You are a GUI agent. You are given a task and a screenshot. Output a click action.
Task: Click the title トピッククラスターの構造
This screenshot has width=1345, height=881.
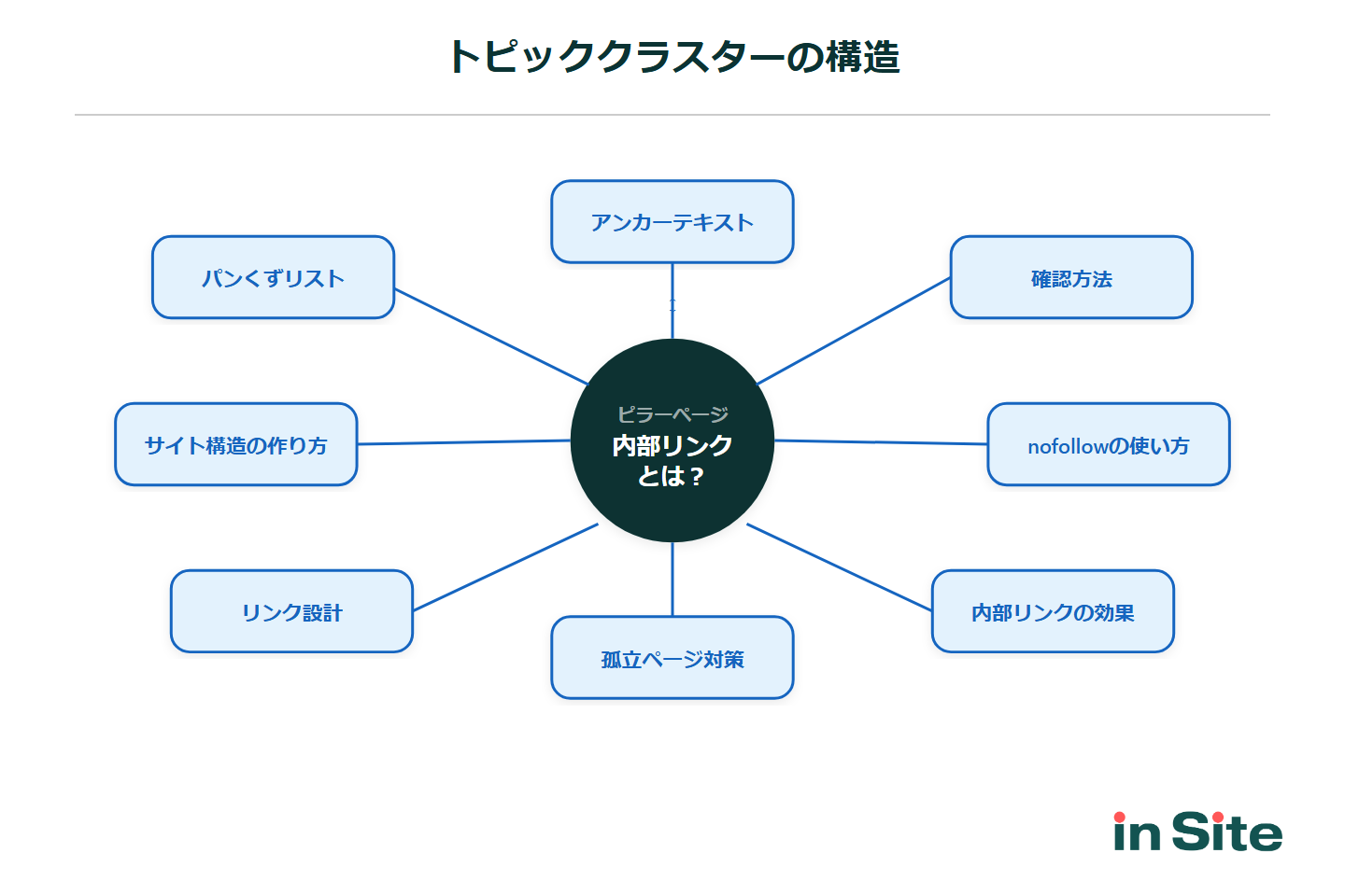click(672, 57)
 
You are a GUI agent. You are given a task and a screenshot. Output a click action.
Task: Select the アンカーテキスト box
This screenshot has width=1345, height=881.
click(672, 222)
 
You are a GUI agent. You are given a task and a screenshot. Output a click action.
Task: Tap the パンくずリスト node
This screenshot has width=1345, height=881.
click(273, 277)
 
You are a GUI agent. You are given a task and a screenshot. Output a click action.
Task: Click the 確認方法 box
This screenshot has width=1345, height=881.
click(1071, 277)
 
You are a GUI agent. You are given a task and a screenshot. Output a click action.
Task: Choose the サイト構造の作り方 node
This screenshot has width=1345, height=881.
click(236, 444)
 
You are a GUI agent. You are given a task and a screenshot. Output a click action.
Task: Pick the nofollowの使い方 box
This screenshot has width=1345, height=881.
click(1109, 444)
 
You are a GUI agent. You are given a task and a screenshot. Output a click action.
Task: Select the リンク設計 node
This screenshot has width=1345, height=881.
click(291, 611)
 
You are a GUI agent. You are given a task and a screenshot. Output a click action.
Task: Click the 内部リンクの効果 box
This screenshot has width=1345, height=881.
click(1053, 611)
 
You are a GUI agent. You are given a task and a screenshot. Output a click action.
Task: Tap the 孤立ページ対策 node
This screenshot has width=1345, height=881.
click(672, 658)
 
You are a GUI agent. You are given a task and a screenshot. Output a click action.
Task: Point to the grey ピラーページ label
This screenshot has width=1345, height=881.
click(672, 413)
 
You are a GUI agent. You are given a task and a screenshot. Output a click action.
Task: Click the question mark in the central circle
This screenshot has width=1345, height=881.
click(697, 477)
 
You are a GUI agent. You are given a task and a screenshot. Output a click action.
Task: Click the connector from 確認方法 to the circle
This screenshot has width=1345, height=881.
click(854, 330)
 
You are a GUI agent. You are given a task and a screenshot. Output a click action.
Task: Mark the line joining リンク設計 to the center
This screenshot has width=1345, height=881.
click(504, 567)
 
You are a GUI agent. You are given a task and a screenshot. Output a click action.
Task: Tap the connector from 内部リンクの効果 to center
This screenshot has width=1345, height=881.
click(839, 566)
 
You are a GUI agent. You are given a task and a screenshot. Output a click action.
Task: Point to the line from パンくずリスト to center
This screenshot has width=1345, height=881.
click(491, 336)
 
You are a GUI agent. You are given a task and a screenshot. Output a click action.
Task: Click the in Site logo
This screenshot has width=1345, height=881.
click(1197, 832)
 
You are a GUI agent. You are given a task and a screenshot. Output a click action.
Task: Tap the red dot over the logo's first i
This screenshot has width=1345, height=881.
click(1120, 818)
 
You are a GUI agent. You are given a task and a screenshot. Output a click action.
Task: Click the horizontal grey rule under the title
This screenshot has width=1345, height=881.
click(672, 115)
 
